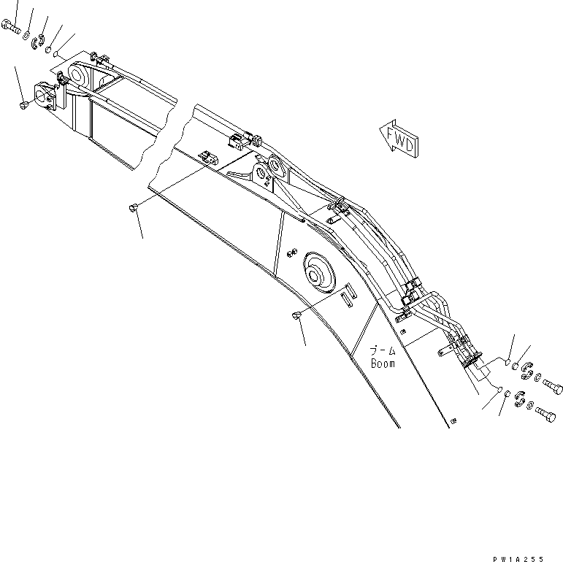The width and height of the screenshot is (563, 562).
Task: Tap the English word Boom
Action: pos(383,363)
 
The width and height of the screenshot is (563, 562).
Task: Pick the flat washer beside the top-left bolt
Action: pos(27,34)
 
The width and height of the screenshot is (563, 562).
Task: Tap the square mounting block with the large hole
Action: pos(44,94)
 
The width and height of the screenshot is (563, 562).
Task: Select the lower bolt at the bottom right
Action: pos(547,413)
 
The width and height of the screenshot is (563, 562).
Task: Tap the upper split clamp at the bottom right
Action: pos(526,372)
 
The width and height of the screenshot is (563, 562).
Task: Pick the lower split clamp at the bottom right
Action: pos(519,399)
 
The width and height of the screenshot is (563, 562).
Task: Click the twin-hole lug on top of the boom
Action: pos(269,167)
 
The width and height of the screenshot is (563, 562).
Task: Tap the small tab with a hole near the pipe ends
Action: pos(441,354)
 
